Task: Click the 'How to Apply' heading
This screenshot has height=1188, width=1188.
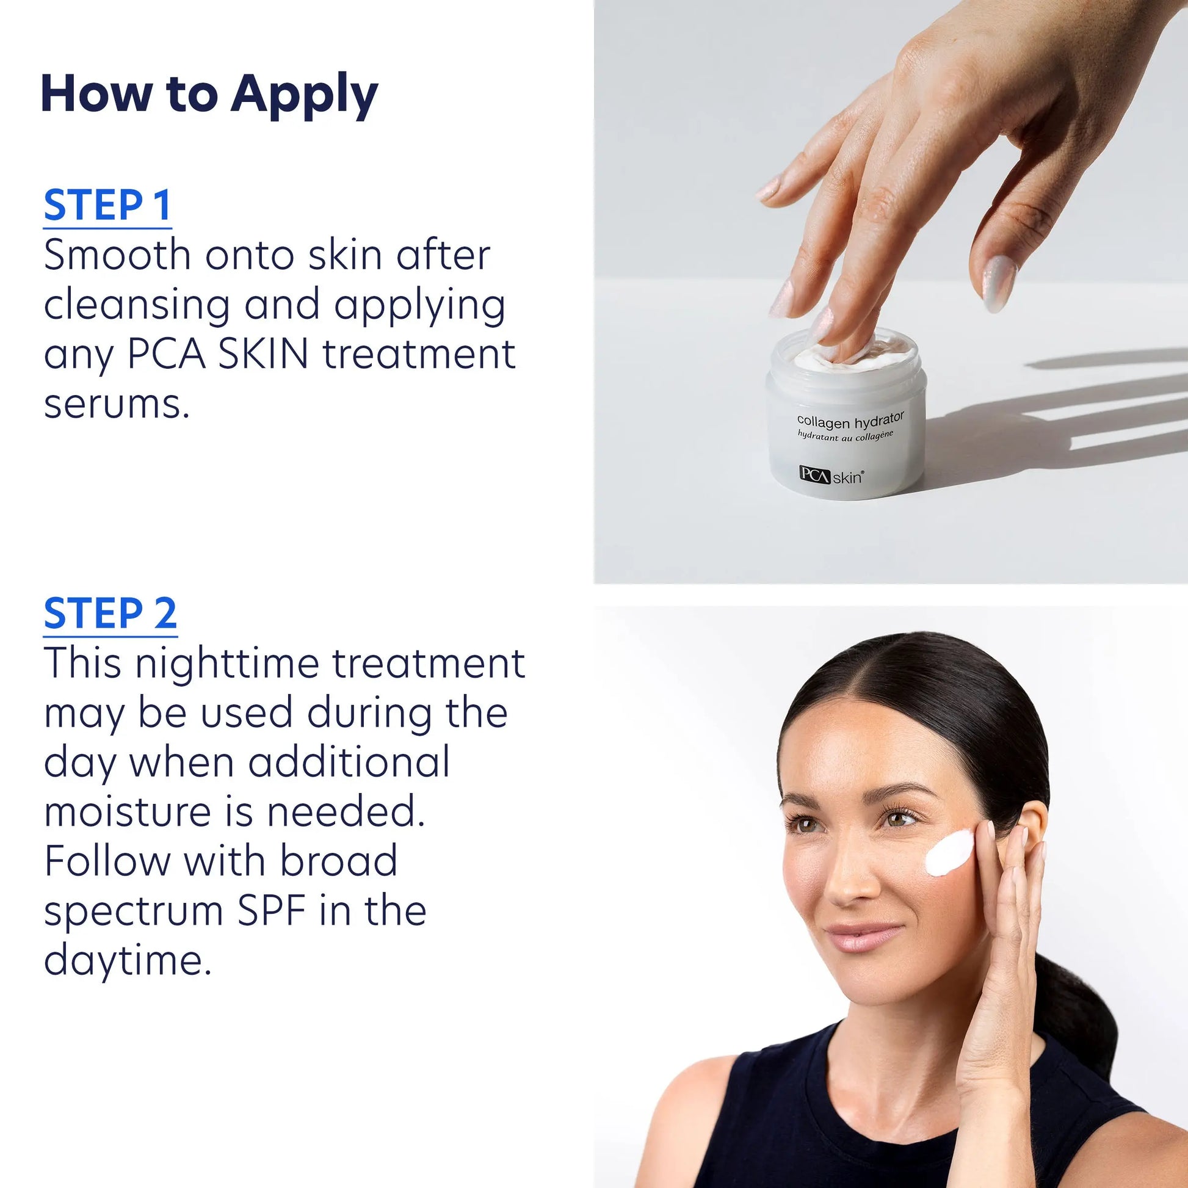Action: pyautogui.click(x=209, y=94)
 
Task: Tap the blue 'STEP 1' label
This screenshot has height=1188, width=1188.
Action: pyautogui.click(x=107, y=205)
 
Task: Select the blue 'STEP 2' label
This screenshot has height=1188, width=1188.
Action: pyautogui.click(x=110, y=614)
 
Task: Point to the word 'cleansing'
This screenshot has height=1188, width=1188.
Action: pyautogui.click(x=136, y=306)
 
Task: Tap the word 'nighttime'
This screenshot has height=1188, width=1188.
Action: pyautogui.click(x=227, y=664)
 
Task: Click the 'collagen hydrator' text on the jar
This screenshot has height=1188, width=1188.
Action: pyautogui.click(x=850, y=421)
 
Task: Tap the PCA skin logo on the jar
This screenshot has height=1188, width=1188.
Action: pyautogui.click(x=831, y=476)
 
